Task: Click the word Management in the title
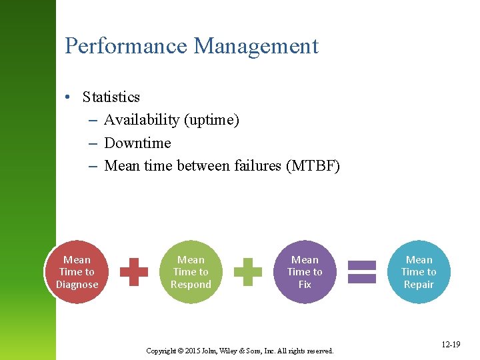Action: click(x=256, y=47)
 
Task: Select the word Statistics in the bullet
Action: click(x=111, y=97)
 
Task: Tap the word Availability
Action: click(x=142, y=120)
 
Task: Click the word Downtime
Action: click(x=137, y=143)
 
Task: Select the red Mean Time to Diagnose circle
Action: click(x=77, y=272)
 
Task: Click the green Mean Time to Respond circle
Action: click(x=191, y=272)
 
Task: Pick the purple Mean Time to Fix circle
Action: click(x=305, y=272)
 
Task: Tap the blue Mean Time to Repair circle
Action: click(x=419, y=272)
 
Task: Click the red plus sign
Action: click(x=134, y=272)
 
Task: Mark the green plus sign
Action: click(x=248, y=272)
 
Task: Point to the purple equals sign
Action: click(x=362, y=272)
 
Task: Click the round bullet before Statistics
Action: click(x=69, y=97)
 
